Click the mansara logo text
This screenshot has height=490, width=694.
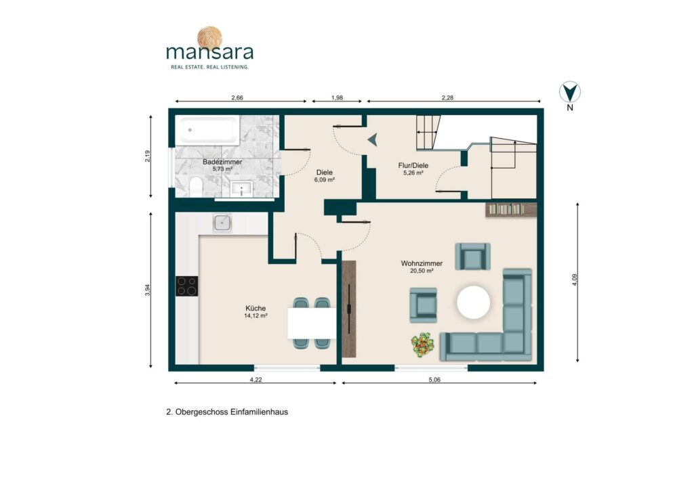pos(210,52)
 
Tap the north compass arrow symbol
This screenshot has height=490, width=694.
pos(570,92)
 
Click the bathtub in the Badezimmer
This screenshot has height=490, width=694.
pos(207,129)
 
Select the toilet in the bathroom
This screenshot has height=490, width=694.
pos(195,187)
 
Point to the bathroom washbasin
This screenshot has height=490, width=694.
pos(241,189)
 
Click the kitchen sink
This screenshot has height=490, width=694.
pos(222,223)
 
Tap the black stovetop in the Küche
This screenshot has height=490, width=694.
pos(187,286)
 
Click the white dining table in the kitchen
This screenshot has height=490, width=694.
pos(312,323)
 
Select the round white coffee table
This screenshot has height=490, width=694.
pos(474,303)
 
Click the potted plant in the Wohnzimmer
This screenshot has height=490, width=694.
pos(422,344)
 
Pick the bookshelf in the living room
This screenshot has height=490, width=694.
pos(511,209)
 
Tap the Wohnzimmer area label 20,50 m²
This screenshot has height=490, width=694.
pos(422,271)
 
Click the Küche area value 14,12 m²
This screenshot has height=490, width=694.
pos(256,316)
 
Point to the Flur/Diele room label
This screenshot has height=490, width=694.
pos(413,166)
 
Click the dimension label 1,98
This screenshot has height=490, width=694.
pos(338,97)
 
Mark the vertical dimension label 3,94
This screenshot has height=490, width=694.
pos(148,290)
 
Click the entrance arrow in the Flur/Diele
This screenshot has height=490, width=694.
pos(373,139)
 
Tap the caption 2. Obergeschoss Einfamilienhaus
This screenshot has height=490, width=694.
pos(227,411)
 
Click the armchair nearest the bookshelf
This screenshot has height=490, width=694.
pos(472,257)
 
